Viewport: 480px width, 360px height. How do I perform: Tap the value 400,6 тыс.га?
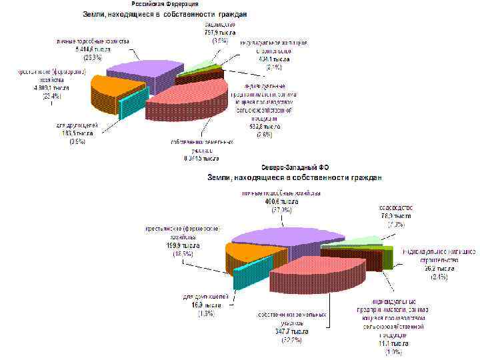[x=281, y=201]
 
